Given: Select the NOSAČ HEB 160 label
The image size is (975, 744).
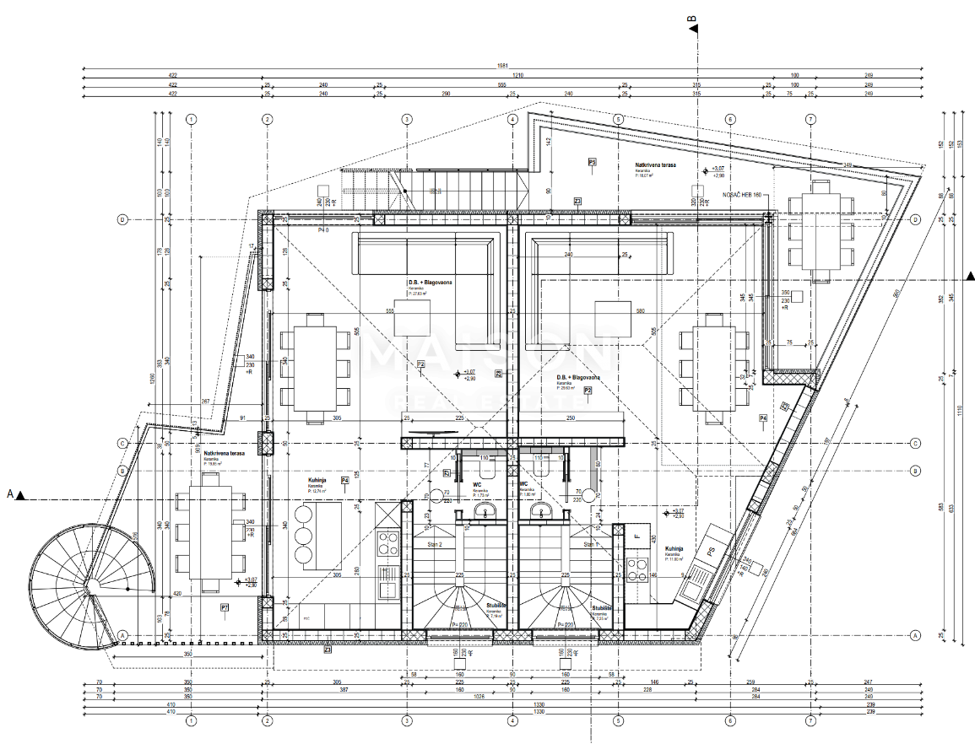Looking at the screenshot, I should point(742,195).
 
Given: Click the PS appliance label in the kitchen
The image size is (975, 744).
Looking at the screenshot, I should point(712,553).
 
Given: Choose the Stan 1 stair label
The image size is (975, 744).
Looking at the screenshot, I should point(589,545).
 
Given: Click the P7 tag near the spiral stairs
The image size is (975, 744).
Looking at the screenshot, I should point(225,607).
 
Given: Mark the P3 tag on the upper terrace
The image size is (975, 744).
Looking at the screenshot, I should point(592,161).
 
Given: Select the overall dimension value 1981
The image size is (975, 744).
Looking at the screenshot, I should point(504,66).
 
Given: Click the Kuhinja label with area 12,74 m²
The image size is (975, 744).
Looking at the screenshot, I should point(317,480).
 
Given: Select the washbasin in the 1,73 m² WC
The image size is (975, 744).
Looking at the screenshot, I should point(485,511).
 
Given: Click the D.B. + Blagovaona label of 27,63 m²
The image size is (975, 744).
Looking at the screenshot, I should point(430,283).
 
